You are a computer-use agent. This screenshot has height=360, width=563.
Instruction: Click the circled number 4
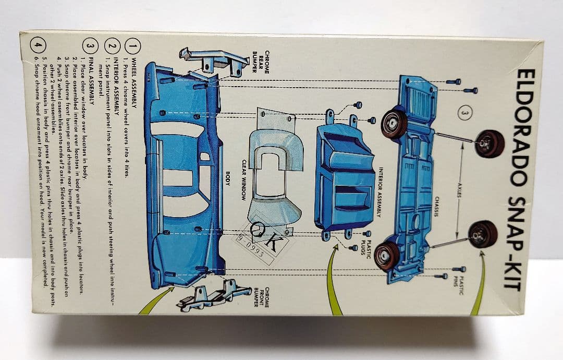click(36, 45)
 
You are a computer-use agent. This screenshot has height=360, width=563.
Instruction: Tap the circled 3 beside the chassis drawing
click(466, 112)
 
